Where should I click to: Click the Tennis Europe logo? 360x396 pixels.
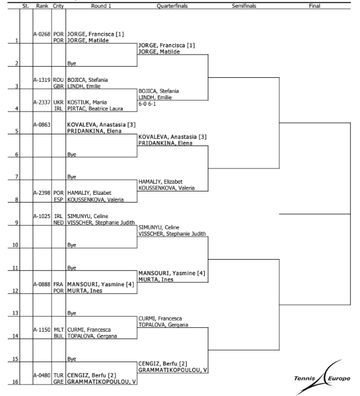(322, 377)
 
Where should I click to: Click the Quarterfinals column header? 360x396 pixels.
(172, 6)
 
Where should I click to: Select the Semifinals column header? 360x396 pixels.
(244, 6)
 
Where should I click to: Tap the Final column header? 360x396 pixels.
(315, 6)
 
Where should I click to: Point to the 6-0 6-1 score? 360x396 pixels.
(147, 104)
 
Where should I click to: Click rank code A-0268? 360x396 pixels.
(42, 34)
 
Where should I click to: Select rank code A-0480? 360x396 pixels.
(42, 375)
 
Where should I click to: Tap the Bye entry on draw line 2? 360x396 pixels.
(71, 64)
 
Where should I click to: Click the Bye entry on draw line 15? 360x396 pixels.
(71, 359)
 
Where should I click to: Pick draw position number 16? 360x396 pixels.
(16, 382)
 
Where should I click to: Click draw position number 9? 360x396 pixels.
(17, 223)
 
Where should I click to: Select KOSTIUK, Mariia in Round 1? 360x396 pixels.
(87, 103)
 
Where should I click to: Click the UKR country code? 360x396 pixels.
(58, 103)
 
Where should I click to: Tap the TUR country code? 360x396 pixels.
(58, 375)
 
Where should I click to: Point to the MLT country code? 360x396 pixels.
(58, 330)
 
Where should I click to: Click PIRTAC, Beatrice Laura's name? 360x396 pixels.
(95, 108)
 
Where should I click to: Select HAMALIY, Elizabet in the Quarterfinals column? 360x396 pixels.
(160, 182)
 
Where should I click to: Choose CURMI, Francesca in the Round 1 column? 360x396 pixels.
(89, 330)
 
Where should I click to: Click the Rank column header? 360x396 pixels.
(42, 6)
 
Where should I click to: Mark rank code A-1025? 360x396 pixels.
(42, 216)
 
